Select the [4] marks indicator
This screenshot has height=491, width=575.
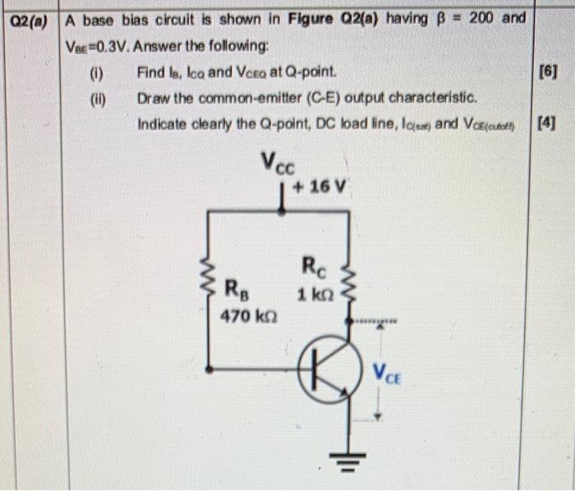[546, 124]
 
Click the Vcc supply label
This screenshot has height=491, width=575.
[279, 163]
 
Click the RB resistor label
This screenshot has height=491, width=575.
[236, 290]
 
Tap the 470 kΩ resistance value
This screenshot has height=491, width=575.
[242, 314]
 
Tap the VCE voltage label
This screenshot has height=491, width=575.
[389, 374]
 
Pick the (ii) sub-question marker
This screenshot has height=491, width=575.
[99, 98]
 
